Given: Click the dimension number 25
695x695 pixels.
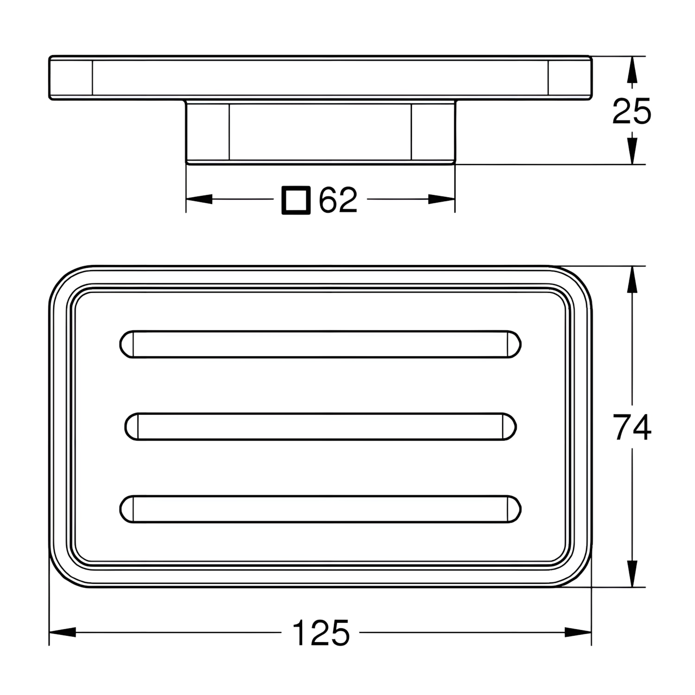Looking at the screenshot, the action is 632,111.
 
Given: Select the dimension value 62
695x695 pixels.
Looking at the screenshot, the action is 338,200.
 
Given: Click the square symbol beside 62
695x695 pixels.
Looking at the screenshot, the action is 296,200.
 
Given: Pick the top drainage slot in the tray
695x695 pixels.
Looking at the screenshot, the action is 321,344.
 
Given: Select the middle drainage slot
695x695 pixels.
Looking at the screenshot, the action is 321,427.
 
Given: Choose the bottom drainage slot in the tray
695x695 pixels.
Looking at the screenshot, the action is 321,510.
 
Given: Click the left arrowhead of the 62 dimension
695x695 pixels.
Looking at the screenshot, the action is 199,200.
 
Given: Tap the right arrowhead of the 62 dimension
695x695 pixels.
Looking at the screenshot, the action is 442,200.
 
